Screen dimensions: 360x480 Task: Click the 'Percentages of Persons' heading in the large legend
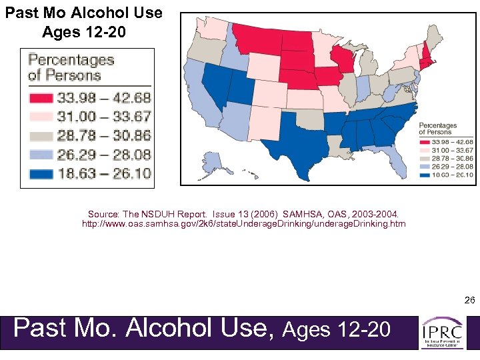pos(71,67)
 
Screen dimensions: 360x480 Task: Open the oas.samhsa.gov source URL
pos(243,224)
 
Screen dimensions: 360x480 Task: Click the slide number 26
pos(469,301)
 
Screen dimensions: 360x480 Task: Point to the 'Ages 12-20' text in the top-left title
pos(83,31)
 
